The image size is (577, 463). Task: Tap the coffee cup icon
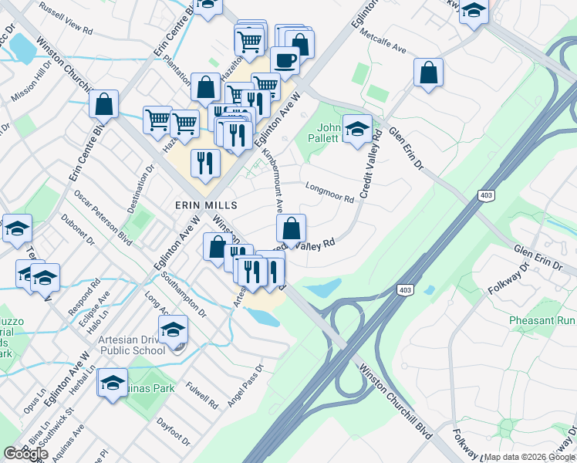point(285,59)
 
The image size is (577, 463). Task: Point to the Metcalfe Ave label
point(387,48)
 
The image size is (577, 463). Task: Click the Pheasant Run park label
point(542,319)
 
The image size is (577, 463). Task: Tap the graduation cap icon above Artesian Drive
point(174,329)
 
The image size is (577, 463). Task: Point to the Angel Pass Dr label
point(245,386)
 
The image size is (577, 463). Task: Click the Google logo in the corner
point(25,453)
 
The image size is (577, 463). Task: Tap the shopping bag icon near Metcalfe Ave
point(428,73)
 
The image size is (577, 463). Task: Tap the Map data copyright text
point(530,457)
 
